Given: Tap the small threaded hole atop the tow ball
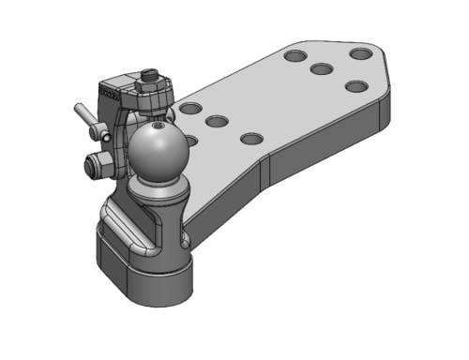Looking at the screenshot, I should [x=159, y=122].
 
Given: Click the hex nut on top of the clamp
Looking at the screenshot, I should [x=150, y=86].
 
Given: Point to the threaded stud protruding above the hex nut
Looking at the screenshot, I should [x=150, y=73].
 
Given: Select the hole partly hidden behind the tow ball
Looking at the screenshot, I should [x=191, y=142].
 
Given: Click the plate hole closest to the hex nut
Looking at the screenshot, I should [x=190, y=109].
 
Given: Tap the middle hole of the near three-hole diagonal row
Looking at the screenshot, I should [x=218, y=122].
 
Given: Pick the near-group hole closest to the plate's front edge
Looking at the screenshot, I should [x=250, y=139].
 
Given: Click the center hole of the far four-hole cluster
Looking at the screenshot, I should [x=323, y=69].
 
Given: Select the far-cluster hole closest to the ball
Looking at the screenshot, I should [x=295, y=57].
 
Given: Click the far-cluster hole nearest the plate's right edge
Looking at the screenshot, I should [x=356, y=86].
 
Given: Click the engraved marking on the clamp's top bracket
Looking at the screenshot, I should [x=113, y=93].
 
